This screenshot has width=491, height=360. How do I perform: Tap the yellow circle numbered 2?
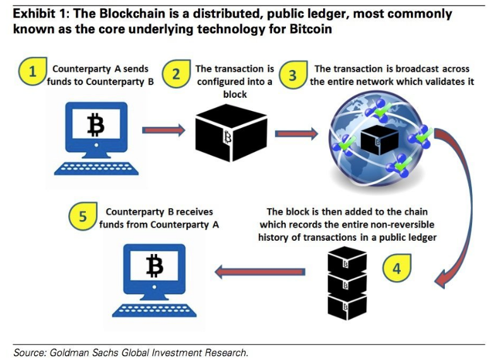177,74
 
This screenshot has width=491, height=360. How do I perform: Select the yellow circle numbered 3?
292,76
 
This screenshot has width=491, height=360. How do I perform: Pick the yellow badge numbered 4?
396,267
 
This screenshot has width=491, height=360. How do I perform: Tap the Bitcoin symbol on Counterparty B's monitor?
155,266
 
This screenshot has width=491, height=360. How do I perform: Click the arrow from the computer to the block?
162,131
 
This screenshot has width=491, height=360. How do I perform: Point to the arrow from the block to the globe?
297,133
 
